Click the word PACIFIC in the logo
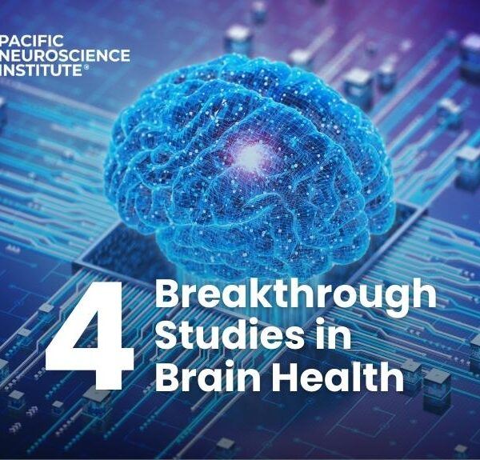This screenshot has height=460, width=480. click(x=31, y=41)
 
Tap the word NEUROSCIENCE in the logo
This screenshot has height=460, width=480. click(x=65, y=55)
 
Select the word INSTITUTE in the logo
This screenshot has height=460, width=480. click(x=41, y=70)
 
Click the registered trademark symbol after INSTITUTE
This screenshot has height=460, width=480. click(x=86, y=66)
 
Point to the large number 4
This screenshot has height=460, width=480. click(x=90, y=335)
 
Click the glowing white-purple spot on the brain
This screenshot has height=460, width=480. click(x=251, y=155)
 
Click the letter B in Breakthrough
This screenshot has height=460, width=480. click(x=167, y=294)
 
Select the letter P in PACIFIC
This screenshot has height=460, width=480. click(x=4, y=41)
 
